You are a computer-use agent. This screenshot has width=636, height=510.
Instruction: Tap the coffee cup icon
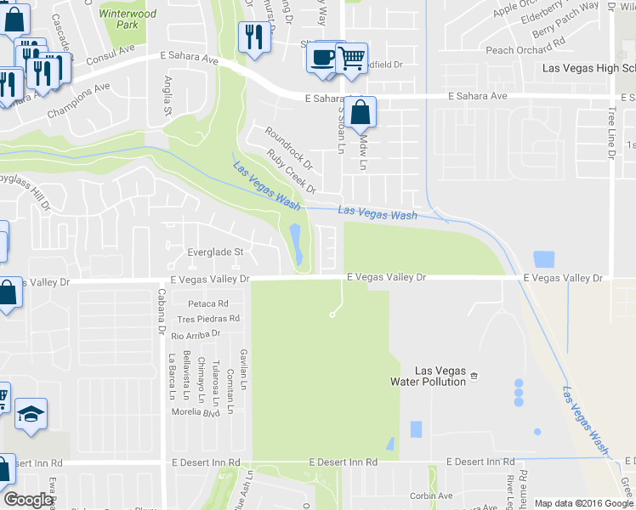[322, 57]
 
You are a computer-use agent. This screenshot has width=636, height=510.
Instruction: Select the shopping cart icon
[350, 58]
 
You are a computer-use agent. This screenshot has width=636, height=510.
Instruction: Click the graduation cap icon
[31, 414]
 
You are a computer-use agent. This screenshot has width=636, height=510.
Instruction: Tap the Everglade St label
[215, 252]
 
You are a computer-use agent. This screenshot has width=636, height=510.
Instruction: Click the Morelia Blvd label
[196, 412]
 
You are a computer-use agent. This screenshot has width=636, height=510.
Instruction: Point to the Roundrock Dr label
[289, 147]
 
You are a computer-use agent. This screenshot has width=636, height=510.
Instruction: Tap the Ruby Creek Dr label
[291, 171]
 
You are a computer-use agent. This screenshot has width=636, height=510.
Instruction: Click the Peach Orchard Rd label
[525, 50]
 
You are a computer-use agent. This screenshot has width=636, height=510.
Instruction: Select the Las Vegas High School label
[588, 68]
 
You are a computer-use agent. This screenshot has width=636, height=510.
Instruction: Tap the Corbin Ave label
[430, 496]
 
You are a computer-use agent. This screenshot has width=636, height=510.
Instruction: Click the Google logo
[28, 500]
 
